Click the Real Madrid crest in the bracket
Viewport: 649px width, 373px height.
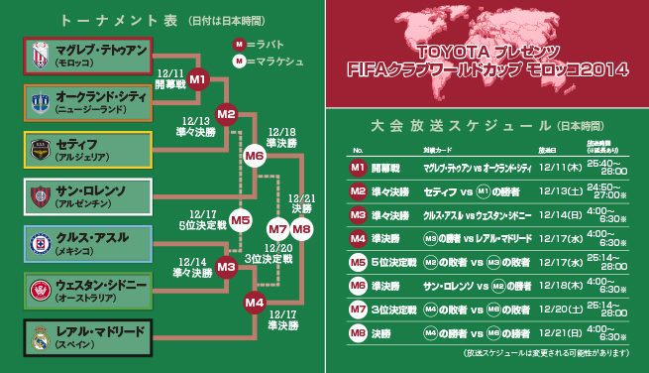pyautogui.click(x=41, y=339)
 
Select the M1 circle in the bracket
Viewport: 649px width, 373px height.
pyautogui.click(x=197, y=78)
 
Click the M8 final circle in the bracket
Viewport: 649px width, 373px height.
pyautogui.click(x=302, y=229)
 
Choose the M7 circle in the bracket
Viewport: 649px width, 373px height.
pyautogui.click(x=278, y=229)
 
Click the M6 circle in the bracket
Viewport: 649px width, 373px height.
pyautogui.click(x=255, y=156)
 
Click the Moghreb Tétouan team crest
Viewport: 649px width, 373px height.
pyautogui.click(x=41, y=54)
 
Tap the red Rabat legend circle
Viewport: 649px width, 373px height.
pyautogui.click(x=239, y=45)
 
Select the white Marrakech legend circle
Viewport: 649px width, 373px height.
pyautogui.click(x=239, y=62)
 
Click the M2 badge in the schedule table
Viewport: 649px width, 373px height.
pyautogui.click(x=358, y=190)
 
